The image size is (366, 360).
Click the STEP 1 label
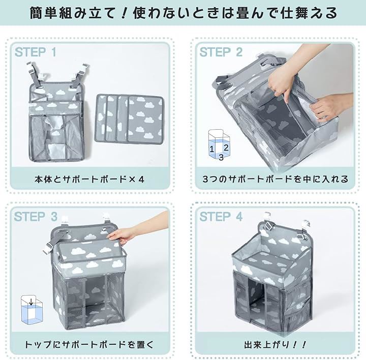[36, 52]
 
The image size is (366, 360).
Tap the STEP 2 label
[221, 52]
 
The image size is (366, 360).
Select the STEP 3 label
[36, 217]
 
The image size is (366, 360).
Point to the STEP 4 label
[221, 217]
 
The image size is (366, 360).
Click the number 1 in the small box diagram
[211, 149]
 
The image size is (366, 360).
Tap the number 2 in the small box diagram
[226, 147]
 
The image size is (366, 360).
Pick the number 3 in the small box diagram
[221, 157]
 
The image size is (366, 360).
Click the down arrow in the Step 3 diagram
[31, 302]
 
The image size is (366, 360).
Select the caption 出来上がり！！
[275, 345]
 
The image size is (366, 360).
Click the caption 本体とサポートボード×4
[89, 179]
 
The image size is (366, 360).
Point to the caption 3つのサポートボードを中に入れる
[276, 179]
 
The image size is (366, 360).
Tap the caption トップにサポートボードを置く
[89, 345]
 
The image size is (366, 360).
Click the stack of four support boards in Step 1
[129, 118]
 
